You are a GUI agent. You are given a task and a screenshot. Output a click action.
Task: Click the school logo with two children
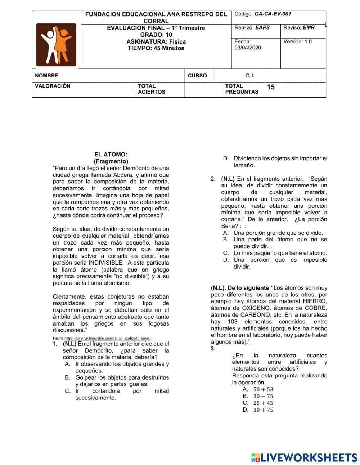[56, 45]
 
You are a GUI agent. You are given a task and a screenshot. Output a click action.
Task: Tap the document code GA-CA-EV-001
[273, 14]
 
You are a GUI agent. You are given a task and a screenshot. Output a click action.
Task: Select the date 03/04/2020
[248, 48]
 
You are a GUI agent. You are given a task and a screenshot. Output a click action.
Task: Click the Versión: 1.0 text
[297, 41]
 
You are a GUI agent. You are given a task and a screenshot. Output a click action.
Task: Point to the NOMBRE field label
[46, 76]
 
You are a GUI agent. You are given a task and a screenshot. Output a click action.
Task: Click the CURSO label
[197, 76]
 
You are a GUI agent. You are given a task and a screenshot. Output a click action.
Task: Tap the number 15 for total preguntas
[271, 87]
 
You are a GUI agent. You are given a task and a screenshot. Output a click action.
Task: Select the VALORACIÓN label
[53, 86]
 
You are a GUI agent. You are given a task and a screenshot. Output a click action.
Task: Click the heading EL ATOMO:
[111, 155]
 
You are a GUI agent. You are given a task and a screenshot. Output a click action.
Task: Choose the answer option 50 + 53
[263, 389]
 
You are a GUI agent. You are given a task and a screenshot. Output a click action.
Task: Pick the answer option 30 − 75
[263, 396]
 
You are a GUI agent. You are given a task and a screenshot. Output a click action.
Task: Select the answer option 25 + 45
[263, 403]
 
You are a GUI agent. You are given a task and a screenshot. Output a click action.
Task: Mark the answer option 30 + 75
[263, 410]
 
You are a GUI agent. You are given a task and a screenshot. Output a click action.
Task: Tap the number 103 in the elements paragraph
[232, 322]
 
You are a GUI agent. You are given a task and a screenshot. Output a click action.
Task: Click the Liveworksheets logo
[304, 457]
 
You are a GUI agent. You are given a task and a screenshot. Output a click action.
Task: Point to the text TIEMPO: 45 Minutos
[156, 48]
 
